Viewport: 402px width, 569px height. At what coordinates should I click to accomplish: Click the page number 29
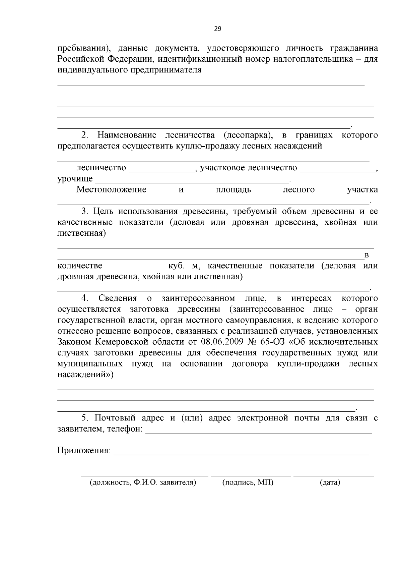[x=217, y=29]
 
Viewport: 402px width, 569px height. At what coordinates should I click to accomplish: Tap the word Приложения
[x=84, y=450]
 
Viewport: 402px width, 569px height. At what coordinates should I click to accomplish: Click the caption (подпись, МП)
[x=248, y=482]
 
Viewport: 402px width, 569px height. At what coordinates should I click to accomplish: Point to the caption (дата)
[x=330, y=482]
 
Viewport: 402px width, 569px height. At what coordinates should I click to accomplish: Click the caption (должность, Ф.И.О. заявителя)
[x=143, y=482]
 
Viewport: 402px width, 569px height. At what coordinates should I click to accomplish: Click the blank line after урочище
[x=193, y=181]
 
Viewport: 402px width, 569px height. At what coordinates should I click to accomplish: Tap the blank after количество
[x=136, y=268]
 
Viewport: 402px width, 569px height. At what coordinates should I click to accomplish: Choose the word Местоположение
[x=112, y=190]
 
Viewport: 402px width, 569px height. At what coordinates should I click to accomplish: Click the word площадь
[x=233, y=190]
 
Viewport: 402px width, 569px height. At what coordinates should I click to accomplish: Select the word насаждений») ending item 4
[x=85, y=375]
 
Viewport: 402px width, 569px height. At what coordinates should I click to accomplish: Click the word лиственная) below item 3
[x=81, y=233]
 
